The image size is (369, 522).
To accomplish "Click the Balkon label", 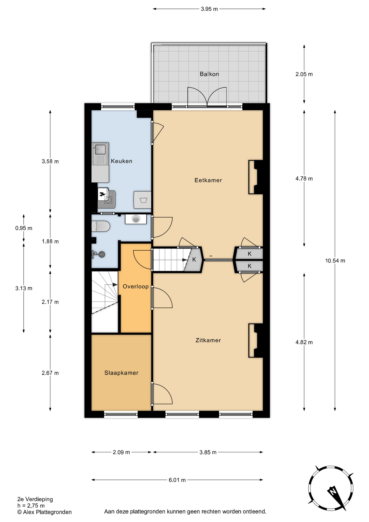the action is (209, 74).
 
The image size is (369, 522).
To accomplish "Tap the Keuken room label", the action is (121, 161).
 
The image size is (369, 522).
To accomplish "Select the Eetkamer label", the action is (208, 180).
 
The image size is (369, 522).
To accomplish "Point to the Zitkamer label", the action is (208, 340).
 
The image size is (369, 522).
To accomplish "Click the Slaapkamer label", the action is (121, 373).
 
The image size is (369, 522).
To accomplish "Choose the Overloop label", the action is (136, 286).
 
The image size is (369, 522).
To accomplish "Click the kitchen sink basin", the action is (100, 149).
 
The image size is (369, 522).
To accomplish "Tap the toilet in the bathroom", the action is (101, 226).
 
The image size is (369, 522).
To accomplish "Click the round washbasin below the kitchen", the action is (136, 219).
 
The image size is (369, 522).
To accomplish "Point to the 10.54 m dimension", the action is (335, 260).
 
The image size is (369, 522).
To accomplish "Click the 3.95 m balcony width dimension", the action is (209, 9).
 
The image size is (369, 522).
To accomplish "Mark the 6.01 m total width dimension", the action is (177, 480).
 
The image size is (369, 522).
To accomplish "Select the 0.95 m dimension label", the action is (24, 228).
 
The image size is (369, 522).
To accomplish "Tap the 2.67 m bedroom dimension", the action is (50, 373).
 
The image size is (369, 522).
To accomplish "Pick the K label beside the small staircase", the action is (194, 259).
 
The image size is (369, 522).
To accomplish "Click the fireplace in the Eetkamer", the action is (256, 177).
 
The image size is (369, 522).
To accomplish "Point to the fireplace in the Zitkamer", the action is (256, 340).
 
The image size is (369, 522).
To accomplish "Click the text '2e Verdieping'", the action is (35, 499).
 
